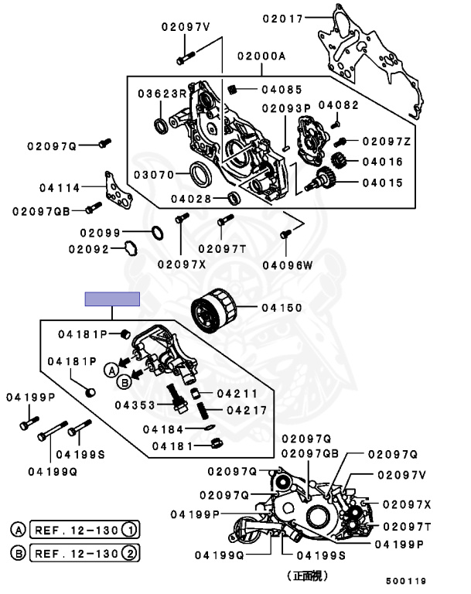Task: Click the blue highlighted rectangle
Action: [112, 299]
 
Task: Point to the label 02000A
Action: [261, 56]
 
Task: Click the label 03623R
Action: [162, 94]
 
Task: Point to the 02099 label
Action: [100, 232]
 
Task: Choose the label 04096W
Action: [287, 265]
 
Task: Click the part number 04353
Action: [135, 404]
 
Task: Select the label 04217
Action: [246, 410]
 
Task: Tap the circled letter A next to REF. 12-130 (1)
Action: [17, 531]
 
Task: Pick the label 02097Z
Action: [386, 141]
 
